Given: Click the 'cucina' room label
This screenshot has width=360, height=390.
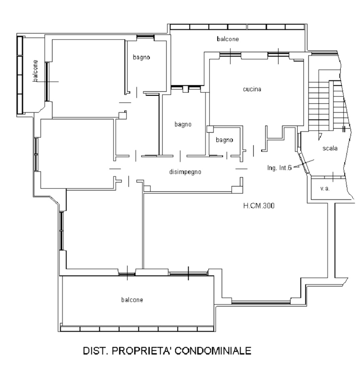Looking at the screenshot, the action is coord(252,89).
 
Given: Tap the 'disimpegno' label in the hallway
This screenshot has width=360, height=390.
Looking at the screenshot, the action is coord(185,172).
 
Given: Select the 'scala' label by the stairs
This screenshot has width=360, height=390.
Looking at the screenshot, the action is coord(330,148).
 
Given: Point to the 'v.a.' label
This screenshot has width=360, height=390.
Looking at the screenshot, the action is coord(325,188).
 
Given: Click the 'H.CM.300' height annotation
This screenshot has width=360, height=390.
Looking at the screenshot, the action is coord(259,206).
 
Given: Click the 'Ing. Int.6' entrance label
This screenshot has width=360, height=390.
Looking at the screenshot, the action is coord(279,168).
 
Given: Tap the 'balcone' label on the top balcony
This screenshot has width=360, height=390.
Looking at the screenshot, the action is coord(228,39).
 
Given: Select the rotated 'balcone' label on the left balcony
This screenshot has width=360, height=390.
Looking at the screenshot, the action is coord(36,71).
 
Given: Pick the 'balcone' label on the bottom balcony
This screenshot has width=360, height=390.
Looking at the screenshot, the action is coord(132,300).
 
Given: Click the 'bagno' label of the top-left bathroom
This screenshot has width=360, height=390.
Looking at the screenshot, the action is coord(141,57).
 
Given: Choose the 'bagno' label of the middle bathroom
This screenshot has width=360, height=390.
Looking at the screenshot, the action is coord(183,124).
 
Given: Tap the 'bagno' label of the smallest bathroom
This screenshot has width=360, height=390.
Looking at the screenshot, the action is coord(224,140).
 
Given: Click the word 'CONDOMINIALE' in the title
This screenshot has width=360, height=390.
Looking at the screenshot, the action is coord(213,351).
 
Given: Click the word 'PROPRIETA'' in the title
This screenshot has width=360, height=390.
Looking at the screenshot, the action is coord(141,351).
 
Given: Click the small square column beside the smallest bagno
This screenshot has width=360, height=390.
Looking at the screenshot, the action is coord(210,129).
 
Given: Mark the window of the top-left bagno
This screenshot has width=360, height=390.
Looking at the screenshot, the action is coord(145,37).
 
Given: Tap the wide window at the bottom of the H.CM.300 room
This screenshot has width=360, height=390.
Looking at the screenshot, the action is coord(261,303).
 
